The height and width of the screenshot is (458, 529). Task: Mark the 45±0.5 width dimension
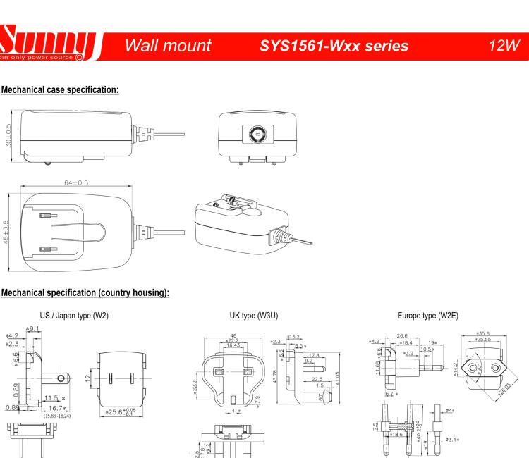(x=8, y=234)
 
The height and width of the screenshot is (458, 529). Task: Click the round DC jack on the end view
(x=257, y=134)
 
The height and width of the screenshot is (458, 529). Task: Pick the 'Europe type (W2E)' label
(x=430, y=317)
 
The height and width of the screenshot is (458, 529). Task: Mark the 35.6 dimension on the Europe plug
(x=484, y=333)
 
